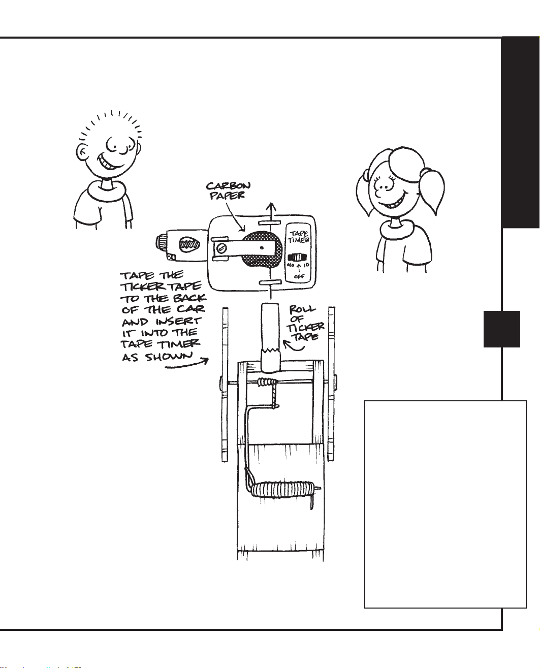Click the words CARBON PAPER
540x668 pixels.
[228, 190]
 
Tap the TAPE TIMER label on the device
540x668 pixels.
[299, 237]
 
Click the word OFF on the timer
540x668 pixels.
[299, 276]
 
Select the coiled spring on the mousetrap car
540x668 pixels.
[281, 492]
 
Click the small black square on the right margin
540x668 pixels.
[501, 329]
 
